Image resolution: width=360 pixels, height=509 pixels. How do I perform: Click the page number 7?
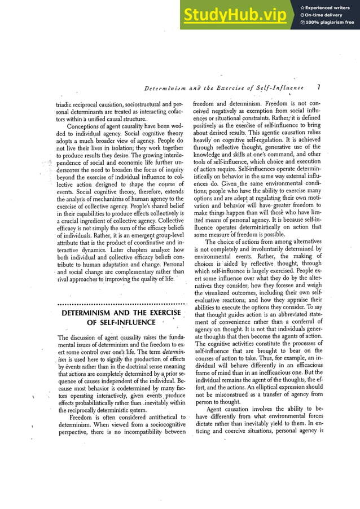[319, 87]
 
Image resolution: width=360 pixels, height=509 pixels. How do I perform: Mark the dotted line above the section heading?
[122, 304]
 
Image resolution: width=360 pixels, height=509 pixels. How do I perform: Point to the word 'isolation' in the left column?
[106, 148]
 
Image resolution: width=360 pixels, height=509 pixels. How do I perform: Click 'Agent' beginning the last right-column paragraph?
[216, 409]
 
